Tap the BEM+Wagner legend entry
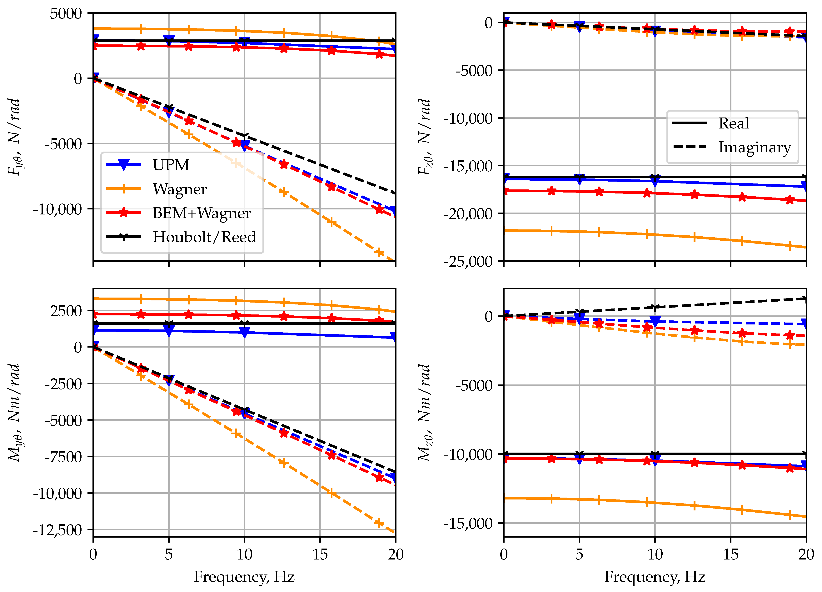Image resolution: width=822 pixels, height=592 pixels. coord(202,213)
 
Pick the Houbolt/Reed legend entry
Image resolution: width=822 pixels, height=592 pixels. coord(204,237)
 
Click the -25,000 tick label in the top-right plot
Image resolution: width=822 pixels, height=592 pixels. coord(468,261)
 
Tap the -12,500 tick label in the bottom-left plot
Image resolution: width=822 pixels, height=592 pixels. coord(58,530)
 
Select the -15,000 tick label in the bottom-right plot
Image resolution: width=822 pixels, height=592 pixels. coord(468,523)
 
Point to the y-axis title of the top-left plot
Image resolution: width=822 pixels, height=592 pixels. coord(14,137)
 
